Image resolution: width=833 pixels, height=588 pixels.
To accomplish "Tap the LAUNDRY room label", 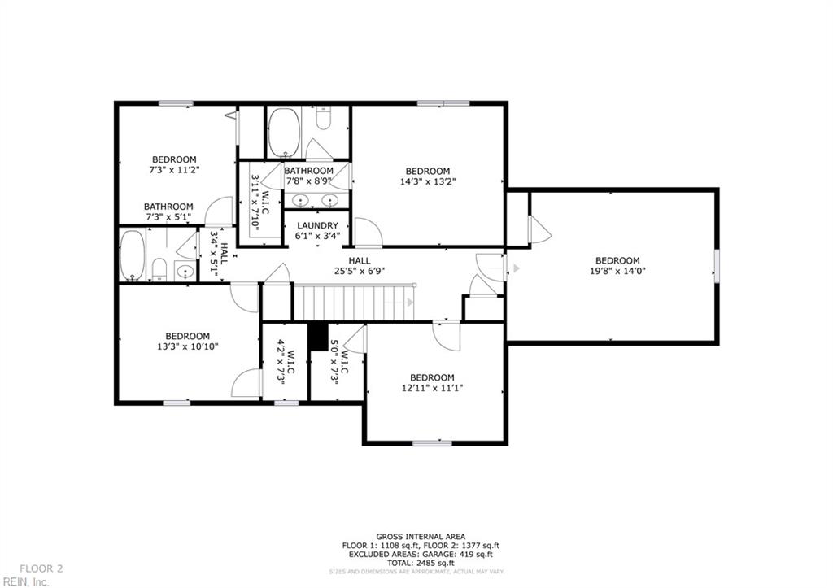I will [316, 225].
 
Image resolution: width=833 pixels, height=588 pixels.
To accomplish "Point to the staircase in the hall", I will [353, 303].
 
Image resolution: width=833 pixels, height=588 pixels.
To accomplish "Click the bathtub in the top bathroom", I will [284, 132].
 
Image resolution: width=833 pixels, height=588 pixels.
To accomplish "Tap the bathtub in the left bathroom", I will [133, 255].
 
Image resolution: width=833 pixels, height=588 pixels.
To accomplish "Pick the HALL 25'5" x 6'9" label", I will [360, 265].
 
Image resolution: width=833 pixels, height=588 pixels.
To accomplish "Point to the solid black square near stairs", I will [317, 335].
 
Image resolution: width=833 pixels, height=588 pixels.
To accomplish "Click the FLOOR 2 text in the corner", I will [41, 568].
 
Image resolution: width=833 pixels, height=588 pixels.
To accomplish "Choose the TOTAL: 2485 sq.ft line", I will [420, 563].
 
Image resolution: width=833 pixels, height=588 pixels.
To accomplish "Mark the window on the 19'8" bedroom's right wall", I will [717, 267].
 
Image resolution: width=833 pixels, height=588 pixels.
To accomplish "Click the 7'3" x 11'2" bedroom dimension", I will [174, 169].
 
